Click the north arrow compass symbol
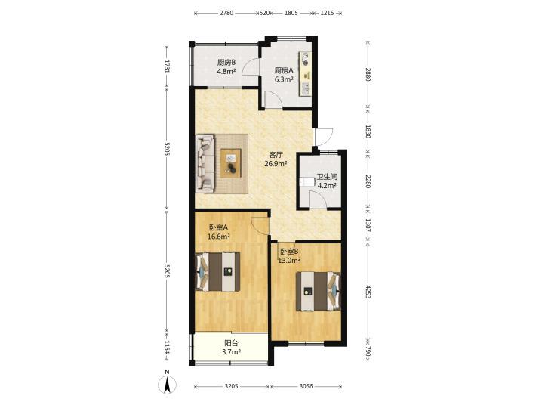click(167, 383)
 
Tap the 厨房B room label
click(226, 63)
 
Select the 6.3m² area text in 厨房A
click(285, 79)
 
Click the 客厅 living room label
click(276, 155)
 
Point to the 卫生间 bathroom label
click(327, 177)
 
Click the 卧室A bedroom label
click(218, 227)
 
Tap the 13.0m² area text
click(289, 261)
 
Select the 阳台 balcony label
click(232, 343)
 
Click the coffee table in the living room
click(230, 163)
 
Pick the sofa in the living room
click(205, 162)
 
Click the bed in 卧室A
click(217, 272)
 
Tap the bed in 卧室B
click(319, 291)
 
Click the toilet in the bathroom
click(307, 181)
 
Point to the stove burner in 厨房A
click(305, 63)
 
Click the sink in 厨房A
click(306, 88)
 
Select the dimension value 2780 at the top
click(226, 13)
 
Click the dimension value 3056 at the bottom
click(306, 387)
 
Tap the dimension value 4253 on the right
click(368, 292)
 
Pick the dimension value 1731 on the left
click(167, 66)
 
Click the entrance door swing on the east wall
click(324, 137)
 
